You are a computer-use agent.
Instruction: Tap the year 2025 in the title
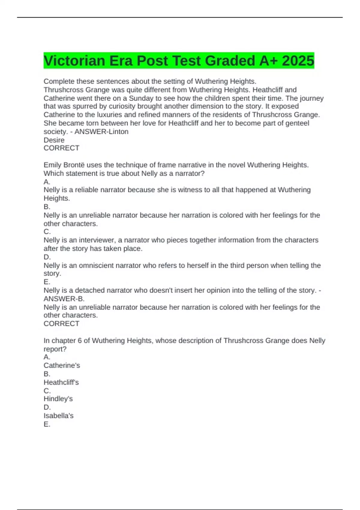[298, 61]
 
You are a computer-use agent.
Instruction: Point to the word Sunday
[141, 98]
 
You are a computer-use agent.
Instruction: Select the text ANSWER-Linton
[101, 131]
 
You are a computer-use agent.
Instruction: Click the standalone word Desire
[54, 140]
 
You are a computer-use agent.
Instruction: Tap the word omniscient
[96, 265]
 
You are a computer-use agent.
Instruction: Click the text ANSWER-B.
[64, 298]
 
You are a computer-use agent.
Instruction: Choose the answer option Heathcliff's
[61, 382]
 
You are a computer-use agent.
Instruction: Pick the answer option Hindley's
[58, 399]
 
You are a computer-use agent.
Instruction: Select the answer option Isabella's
[58, 415]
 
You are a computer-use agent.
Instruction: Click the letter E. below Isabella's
[47, 424]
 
